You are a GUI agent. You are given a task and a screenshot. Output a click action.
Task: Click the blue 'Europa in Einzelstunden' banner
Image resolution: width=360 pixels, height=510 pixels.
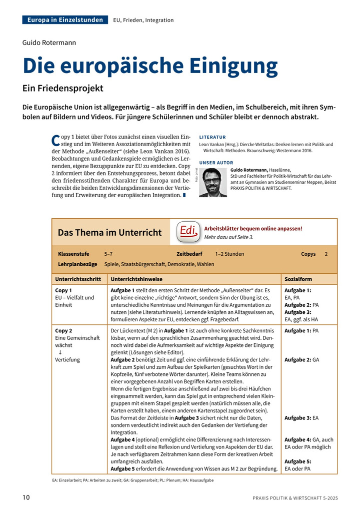65,20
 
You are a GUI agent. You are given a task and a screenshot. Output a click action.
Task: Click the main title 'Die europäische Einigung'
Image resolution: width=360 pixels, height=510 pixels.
150,66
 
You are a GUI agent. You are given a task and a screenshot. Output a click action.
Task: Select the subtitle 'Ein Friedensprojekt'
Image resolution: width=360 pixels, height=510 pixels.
62,88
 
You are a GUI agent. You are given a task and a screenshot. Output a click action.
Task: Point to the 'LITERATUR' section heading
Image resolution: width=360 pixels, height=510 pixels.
212,137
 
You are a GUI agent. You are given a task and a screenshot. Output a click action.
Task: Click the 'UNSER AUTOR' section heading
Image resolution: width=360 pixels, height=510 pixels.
216,163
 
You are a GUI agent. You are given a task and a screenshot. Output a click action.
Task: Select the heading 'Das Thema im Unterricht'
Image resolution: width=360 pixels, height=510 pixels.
109,232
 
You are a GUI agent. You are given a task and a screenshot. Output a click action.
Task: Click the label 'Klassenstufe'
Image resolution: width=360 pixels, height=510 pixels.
73,254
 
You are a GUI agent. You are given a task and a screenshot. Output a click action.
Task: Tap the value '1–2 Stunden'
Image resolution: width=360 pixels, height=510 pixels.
229,254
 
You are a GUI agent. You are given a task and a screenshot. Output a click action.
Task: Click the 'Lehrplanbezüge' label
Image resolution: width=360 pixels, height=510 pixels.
77,264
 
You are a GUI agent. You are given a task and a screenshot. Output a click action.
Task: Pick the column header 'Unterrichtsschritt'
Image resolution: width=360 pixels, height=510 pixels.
78,279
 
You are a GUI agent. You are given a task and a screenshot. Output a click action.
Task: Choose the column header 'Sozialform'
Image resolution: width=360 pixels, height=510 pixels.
298,279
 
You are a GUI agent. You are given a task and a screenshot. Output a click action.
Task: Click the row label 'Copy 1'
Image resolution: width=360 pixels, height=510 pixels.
63,290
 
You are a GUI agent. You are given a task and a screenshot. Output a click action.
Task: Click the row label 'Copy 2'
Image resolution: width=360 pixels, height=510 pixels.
63,331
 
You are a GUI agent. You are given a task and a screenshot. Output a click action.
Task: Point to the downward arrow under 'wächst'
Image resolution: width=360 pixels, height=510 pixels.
60,352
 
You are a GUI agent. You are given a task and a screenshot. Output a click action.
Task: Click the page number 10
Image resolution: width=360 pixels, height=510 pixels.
26,497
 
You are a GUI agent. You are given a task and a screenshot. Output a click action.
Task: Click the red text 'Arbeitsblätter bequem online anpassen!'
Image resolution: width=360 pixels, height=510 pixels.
253,228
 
